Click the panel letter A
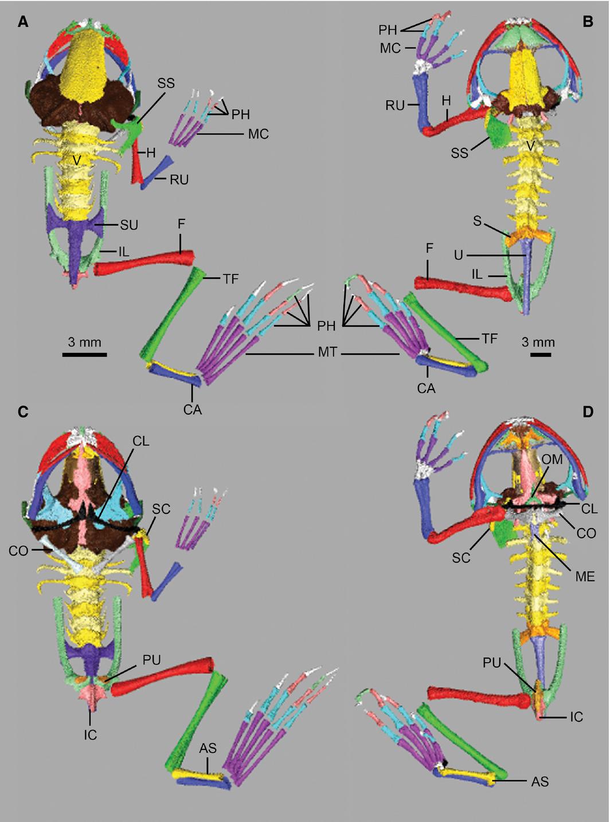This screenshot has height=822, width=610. [23, 22]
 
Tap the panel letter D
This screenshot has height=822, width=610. [588, 412]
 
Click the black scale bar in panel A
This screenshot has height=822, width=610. [84, 355]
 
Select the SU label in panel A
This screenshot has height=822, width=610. [129, 225]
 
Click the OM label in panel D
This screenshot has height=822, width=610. [553, 459]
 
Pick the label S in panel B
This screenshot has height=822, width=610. [477, 221]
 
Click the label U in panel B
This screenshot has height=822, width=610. [458, 255]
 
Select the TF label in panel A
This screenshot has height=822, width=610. [231, 279]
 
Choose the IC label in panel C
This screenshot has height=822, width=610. [90, 735]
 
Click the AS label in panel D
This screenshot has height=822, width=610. [540, 781]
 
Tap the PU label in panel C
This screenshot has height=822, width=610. [151, 660]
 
